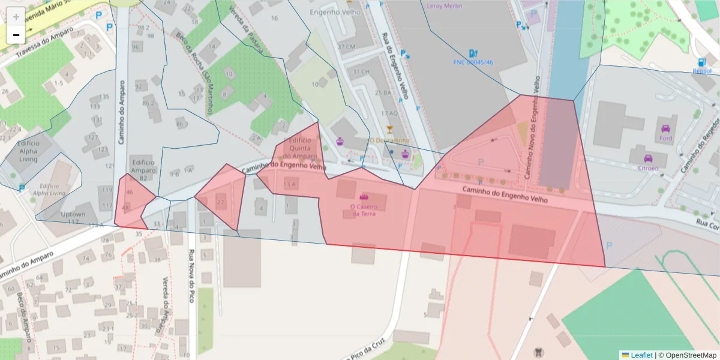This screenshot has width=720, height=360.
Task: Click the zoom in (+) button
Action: tap(16, 17)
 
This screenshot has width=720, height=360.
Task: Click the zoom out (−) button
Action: tap(16, 35)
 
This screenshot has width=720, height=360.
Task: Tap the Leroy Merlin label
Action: tap(444, 6)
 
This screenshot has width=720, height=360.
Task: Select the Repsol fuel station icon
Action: tap(701, 62)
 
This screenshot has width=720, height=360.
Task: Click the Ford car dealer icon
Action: tap(665, 128)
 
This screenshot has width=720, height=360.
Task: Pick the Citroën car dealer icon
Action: tap(648, 159)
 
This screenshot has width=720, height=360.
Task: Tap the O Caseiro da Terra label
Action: tap(364, 210)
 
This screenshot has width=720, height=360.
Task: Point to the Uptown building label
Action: tap(73, 214)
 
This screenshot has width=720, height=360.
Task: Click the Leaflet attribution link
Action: tap(641, 355)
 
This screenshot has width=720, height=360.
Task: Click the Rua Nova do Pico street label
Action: tap(192, 275)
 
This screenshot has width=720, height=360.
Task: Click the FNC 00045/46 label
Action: tap(473, 62)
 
